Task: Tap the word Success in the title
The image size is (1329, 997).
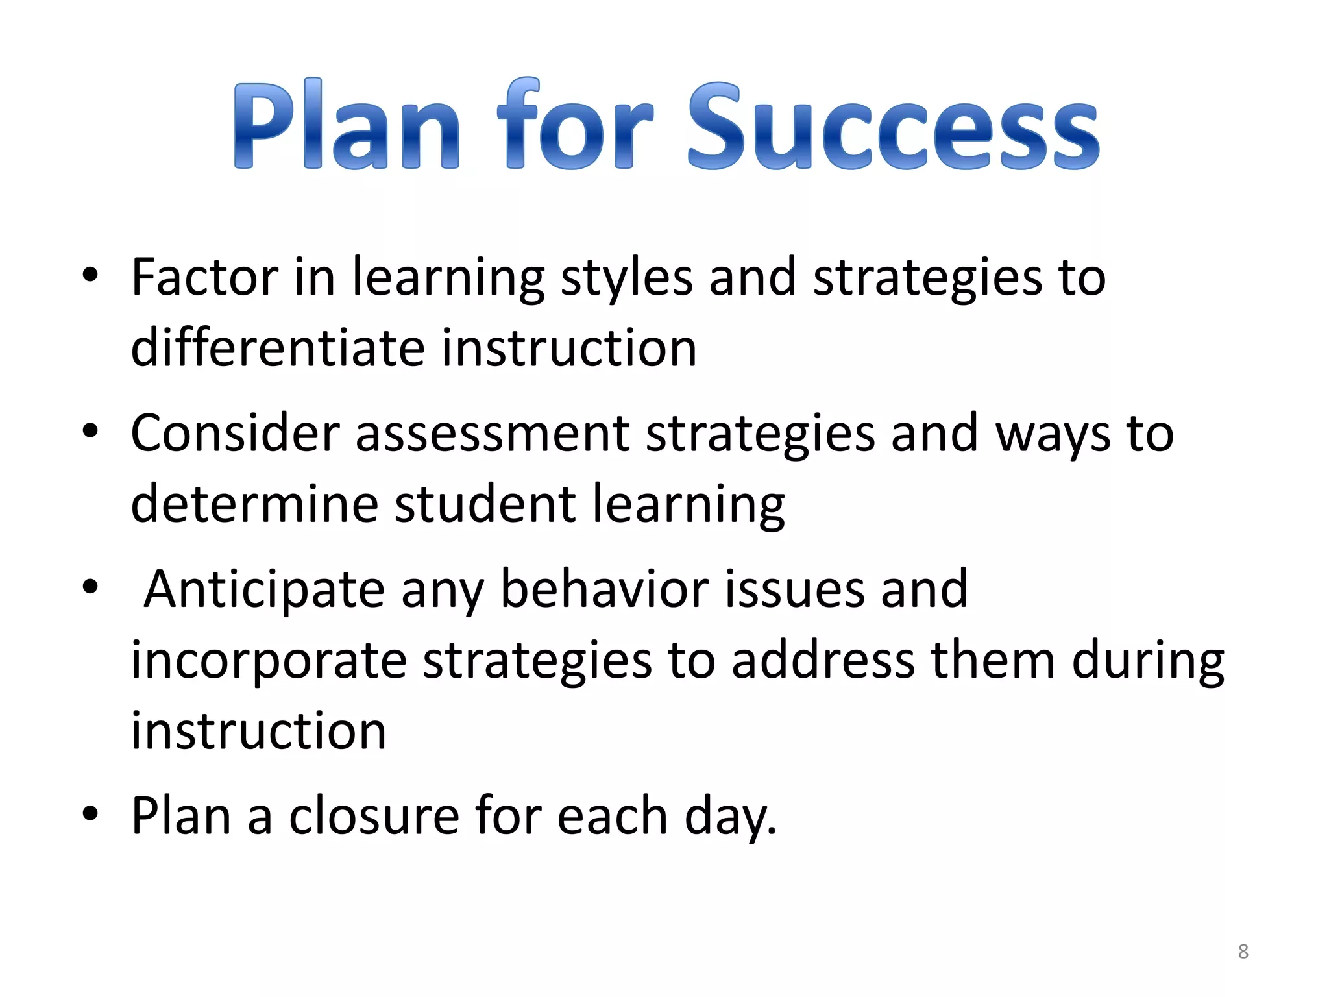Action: (x=893, y=127)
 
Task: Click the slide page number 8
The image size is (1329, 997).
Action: (x=1243, y=952)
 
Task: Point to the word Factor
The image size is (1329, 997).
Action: (x=204, y=277)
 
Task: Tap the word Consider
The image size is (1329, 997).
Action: (x=235, y=433)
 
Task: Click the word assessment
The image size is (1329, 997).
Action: (x=492, y=434)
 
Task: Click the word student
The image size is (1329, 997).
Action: (x=485, y=504)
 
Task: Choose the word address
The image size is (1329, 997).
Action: (x=823, y=660)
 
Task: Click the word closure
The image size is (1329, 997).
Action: (x=374, y=816)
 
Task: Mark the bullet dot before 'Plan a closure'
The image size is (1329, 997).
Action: (x=90, y=813)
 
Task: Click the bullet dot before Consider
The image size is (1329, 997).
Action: (x=90, y=430)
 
